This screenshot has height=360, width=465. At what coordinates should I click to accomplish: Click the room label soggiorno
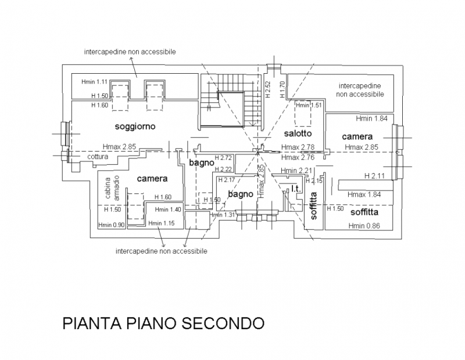point(137,126)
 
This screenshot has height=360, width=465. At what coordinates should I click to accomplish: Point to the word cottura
point(98,157)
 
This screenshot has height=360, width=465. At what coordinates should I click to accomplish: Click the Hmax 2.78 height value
point(297,147)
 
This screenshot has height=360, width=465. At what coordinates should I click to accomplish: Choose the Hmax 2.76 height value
point(297,157)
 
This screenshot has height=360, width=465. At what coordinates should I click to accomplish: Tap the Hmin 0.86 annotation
point(364,226)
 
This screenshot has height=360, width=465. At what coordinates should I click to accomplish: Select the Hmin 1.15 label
point(162,224)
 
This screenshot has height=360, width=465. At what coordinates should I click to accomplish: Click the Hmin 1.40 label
point(169,209)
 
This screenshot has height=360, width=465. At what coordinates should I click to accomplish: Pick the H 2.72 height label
point(224,158)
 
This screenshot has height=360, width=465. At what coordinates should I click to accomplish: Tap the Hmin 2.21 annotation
point(296,170)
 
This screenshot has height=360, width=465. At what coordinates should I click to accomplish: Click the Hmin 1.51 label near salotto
point(309,105)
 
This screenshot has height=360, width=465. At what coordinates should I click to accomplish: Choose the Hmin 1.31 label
point(224,215)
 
